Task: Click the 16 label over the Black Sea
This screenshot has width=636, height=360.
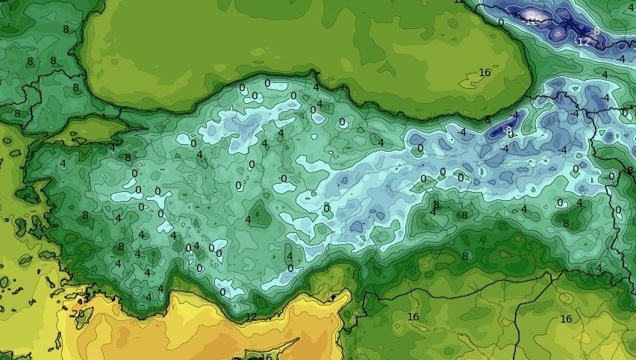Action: pyautogui.click(x=484, y=72)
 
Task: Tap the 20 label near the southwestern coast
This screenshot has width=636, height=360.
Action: pyautogui.click(x=78, y=314)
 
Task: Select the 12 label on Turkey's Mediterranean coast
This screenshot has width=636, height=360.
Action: pyautogui.click(x=251, y=317)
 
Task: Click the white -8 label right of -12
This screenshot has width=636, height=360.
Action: pyautogui.click(x=595, y=31)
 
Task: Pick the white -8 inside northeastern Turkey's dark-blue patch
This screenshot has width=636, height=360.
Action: pyautogui.click(x=508, y=130)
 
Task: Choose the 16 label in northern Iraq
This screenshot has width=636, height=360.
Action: pyautogui.click(x=566, y=319)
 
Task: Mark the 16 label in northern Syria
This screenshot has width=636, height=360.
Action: pyautogui.click(x=413, y=317)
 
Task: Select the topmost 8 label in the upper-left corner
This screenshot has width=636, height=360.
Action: pyautogui.click(x=66, y=29)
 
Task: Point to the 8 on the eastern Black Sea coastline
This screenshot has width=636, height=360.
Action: pyautogui.click(x=487, y=120)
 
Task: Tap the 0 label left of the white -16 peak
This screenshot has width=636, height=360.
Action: pyautogui.click(x=500, y=22)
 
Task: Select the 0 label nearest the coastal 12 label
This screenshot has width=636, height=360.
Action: pyautogui.click(x=222, y=292)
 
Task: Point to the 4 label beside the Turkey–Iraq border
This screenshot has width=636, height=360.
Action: pyautogui.click(x=598, y=267)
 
